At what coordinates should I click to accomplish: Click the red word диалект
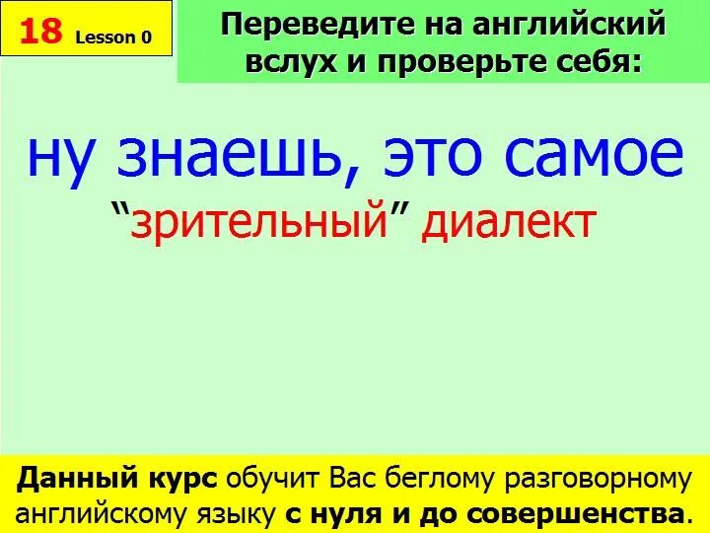click(509, 223)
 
